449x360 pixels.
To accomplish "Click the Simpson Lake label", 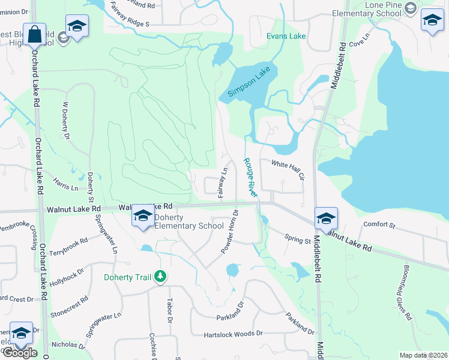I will coord(249,83).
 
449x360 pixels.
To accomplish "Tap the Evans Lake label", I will coord(286,36).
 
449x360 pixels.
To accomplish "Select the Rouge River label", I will coord(250,178).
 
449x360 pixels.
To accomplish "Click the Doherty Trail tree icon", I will coord(160,277).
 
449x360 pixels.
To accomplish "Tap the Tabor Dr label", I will coord(169,311).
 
